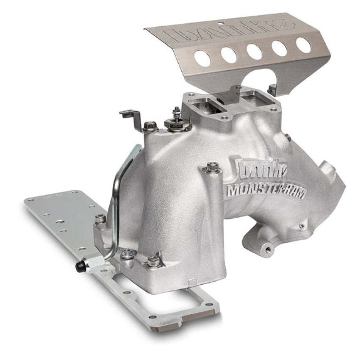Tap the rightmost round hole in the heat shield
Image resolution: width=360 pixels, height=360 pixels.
(303, 45)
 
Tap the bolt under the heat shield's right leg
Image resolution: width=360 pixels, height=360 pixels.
(271, 89)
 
